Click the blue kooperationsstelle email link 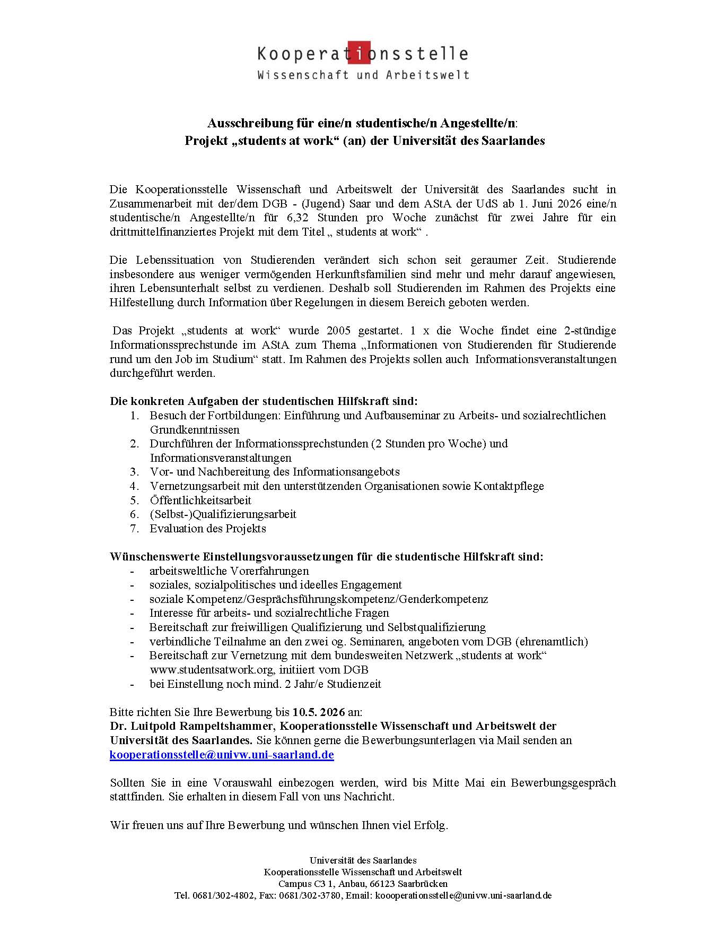[x=222, y=755]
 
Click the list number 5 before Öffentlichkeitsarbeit [x=135, y=500]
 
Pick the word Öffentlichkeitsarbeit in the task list [x=200, y=500]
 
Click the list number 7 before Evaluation [x=135, y=529]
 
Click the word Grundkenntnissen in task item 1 [x=195, y=429]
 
